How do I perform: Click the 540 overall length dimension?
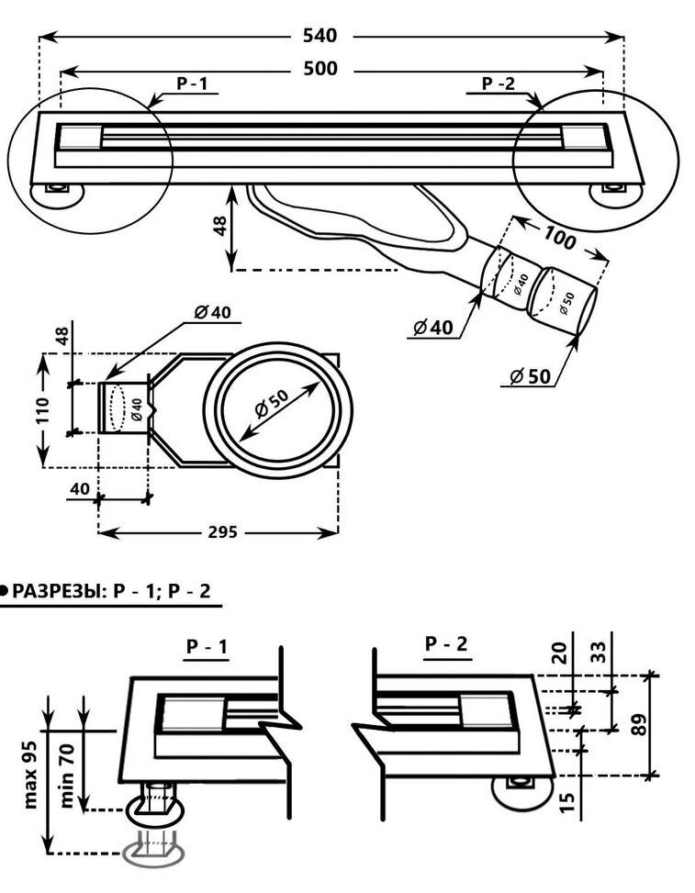click(x=319, y=36)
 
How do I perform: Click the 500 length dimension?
click(x=319, y=69)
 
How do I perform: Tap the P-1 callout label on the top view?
click(x=193, y=84)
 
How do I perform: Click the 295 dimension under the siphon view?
click(x=221, y=531)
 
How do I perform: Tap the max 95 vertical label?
click(x=30, y=774)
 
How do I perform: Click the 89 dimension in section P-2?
click(x=640, y=724)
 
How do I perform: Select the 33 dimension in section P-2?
click(x=598, y=652)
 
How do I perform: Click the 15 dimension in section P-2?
click(x=568, y=800)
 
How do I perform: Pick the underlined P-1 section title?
click(x=207, y=647)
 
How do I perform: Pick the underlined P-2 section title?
click(x=446, y=645)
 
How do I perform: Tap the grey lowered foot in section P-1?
click(x=153, y=854)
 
